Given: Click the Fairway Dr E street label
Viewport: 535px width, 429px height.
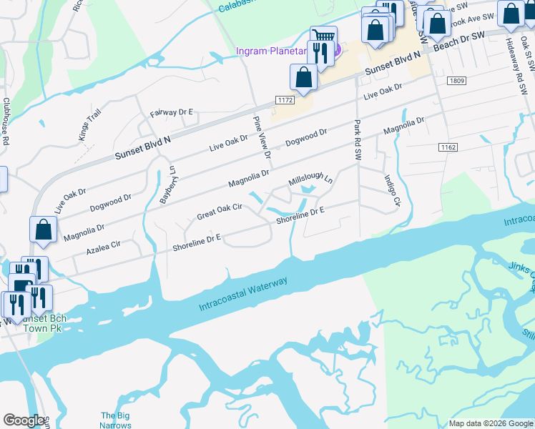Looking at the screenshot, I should tap(172, 112).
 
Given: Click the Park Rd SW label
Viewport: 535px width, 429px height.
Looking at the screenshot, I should tap(357, 139).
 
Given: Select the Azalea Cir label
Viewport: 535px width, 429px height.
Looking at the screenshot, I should tap(103, 247).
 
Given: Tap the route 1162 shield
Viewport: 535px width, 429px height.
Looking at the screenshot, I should tap(448, 147).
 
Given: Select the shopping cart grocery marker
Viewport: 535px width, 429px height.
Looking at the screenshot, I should tap(324, 36).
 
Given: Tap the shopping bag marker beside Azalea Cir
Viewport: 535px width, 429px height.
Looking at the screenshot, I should tap(43, 230).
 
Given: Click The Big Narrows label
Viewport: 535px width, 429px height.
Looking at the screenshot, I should tap(115, 420).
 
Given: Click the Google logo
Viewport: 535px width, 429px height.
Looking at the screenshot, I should tap(24, 420).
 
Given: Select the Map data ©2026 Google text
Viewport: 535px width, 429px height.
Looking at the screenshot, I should tap(490, 423).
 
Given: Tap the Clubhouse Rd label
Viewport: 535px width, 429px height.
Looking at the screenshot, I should tap(6, 122).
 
